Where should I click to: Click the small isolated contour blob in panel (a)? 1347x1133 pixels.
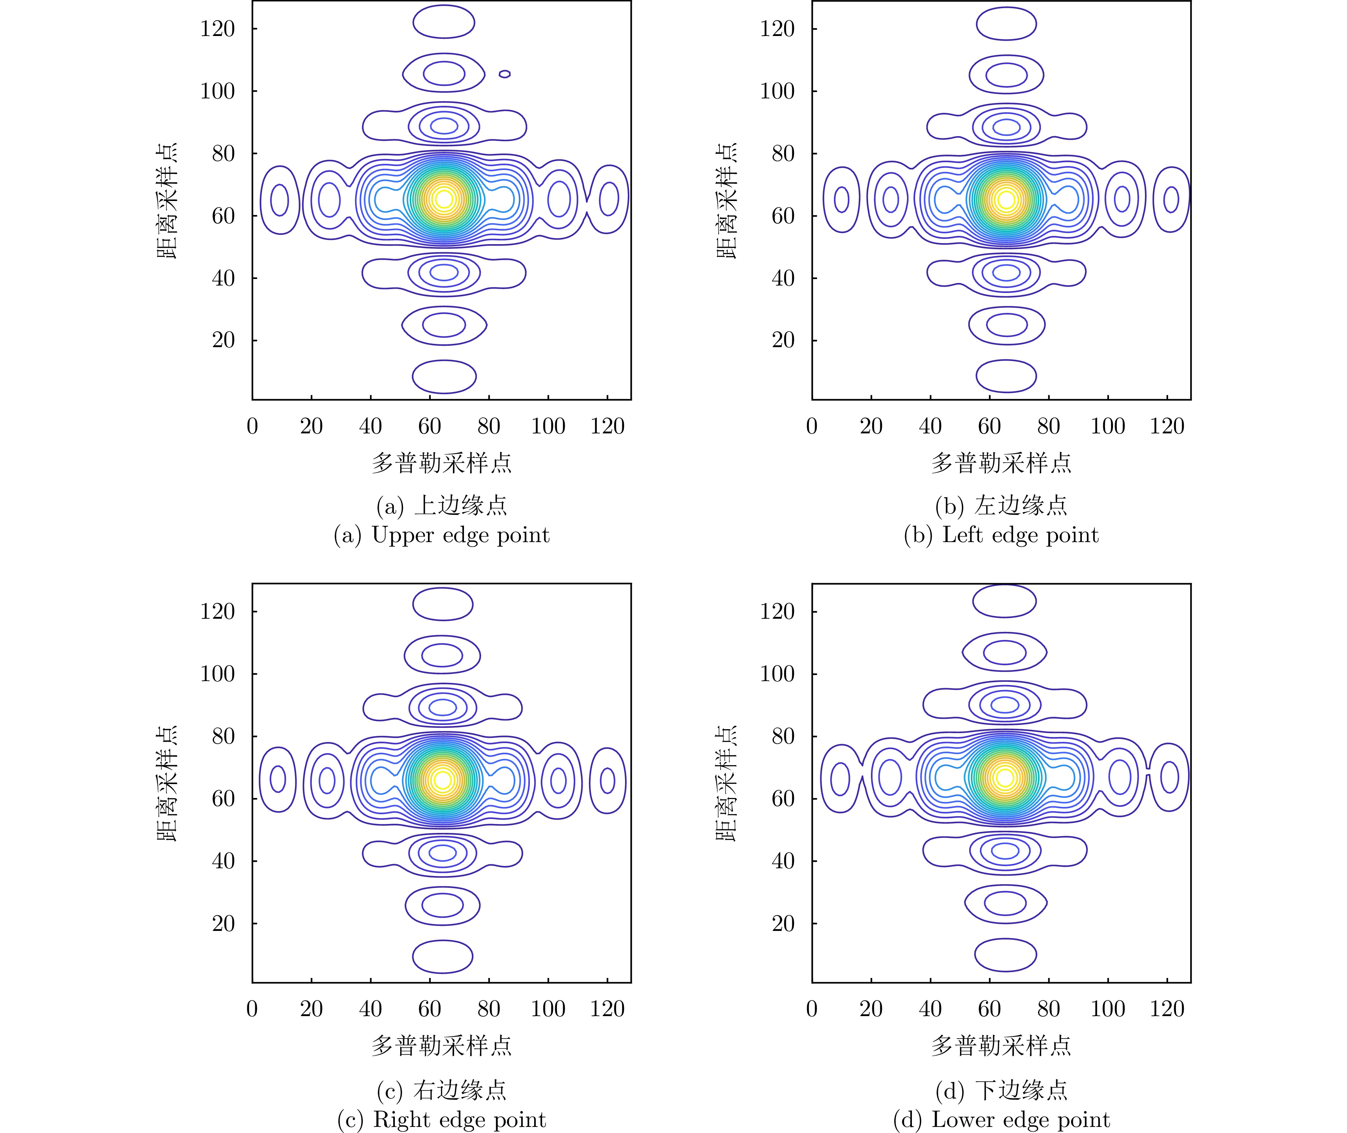[505, 74]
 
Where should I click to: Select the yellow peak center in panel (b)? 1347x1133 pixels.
[1006, 200]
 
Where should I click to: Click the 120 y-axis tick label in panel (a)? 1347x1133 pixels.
[218, 29]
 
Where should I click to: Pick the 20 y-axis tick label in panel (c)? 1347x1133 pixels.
[223, 923]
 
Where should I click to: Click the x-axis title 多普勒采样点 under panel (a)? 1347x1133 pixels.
[442, 463]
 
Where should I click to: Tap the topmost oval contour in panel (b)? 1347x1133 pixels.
[1006, 24]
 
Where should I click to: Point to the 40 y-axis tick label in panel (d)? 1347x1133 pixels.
[783, 861]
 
